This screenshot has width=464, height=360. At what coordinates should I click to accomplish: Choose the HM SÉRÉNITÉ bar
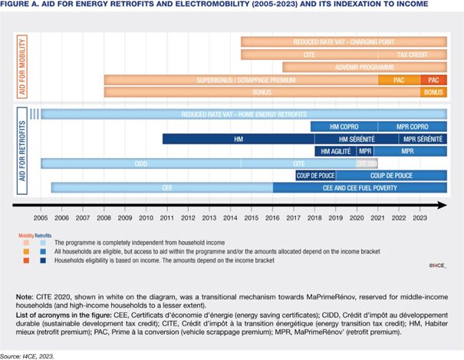(356, 140)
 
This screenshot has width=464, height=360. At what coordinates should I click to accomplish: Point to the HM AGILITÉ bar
(332, 151)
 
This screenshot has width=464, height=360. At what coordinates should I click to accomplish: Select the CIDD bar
(140, 163)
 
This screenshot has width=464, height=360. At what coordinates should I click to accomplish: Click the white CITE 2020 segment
(367, 163)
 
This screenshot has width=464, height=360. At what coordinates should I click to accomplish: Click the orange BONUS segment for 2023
(433, 92)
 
